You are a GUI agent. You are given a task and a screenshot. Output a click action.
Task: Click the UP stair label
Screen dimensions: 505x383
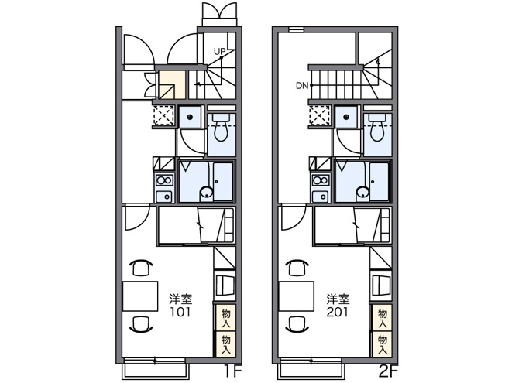220,51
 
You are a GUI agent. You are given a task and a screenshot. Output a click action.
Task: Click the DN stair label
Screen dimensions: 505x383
302,86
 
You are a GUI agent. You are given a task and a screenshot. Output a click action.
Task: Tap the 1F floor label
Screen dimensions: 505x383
232,372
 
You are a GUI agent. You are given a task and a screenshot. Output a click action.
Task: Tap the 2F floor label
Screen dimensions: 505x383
388,372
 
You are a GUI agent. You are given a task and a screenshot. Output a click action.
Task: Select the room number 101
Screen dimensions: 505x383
180,312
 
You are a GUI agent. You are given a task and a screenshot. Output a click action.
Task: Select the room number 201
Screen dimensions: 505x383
337,312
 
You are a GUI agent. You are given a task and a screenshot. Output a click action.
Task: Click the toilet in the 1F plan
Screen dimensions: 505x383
221,128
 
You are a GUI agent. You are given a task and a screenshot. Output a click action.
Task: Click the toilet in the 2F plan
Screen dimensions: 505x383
377,128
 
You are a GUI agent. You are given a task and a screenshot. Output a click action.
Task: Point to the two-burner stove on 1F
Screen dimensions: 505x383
164,180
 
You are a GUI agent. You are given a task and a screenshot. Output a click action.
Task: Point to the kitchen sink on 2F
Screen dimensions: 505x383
321,196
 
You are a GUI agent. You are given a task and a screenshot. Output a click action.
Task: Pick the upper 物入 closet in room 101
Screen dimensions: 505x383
225,318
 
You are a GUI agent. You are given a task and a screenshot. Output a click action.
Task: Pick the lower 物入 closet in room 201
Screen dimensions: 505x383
383,345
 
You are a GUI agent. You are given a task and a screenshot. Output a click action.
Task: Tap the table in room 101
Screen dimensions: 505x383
140,296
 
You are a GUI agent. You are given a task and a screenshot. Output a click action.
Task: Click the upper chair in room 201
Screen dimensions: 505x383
297,268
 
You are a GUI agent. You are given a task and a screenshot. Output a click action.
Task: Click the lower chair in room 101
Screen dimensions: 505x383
141,324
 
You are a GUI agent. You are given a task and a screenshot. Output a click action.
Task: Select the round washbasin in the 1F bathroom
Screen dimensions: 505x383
207,193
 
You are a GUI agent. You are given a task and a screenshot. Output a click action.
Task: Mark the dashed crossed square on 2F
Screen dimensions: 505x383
319,115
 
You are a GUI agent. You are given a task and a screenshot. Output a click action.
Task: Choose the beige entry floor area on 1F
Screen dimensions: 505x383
172,84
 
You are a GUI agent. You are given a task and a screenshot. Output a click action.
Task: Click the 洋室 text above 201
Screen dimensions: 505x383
338,299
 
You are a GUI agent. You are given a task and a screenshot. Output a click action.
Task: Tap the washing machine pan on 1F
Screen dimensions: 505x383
190,117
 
